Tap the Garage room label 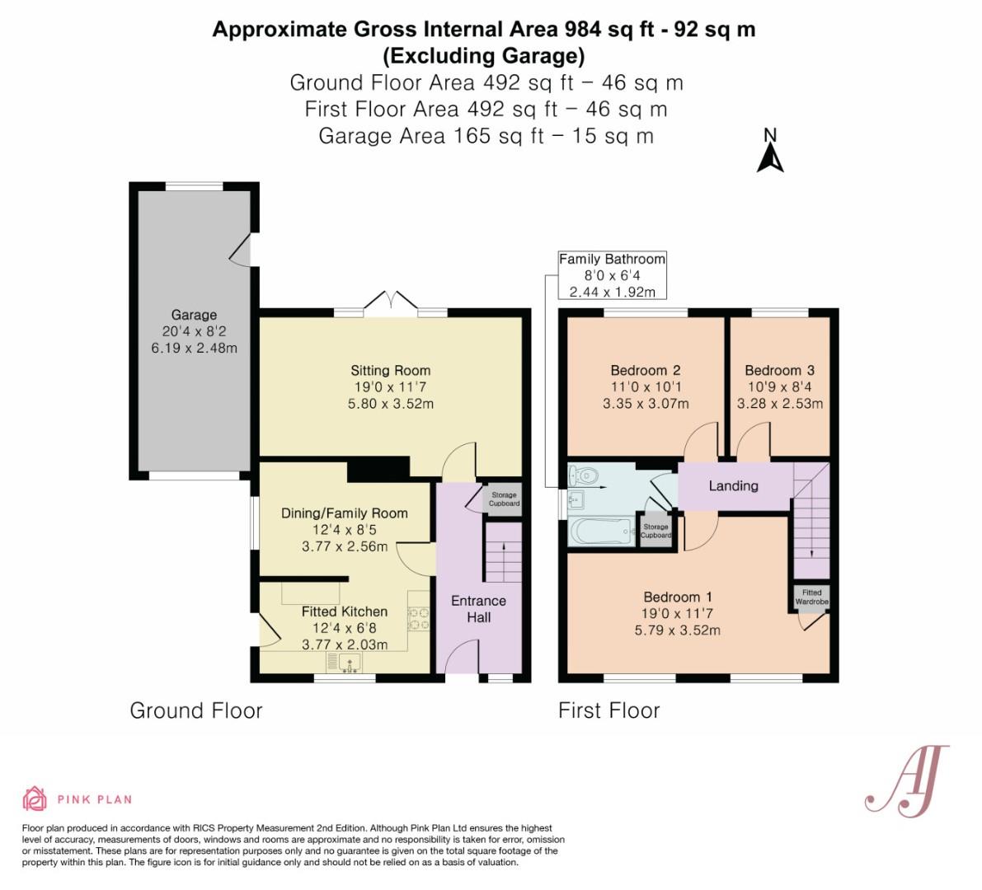tap(194, 315)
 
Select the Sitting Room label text tap(390, 370)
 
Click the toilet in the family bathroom tap(583, 475)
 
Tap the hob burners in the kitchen tap(418, 619)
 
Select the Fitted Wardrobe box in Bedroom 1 tap(811, 597)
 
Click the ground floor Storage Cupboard tap(504, 499)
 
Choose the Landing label tap(733, 485)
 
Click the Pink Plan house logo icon tap(35, 799)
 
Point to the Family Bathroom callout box tap(612, 275)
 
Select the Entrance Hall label tap(478, 609)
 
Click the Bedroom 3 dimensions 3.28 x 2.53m tap(780, 404)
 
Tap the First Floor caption tap(608, 710)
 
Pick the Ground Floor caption tap(196, 710)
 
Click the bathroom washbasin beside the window tap(576, 500)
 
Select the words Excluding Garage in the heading tap(484, 56)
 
